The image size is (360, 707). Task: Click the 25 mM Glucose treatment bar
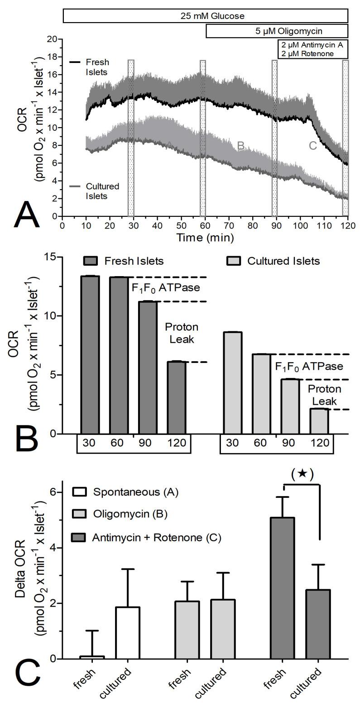(205, 16)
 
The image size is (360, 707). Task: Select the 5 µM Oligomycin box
(277, 31)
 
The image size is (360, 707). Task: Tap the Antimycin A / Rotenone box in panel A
(312, 49)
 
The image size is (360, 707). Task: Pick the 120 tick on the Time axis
(347, 225)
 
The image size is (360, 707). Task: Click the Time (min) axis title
(205, 237)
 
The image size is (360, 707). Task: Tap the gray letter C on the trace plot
(312, 146)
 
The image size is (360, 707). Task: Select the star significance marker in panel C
(302, 474)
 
